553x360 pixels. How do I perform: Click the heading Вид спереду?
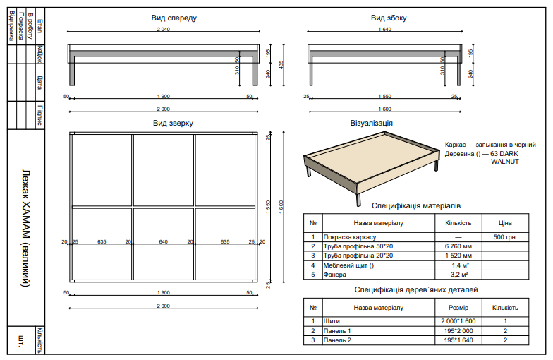pyautogui.click(x=174, y=18)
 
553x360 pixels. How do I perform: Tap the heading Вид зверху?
pyautogui.click(x=173, y=123)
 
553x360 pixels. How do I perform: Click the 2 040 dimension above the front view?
pyautogui.click(x=163, y=30)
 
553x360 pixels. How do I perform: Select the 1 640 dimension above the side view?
pyautogui.click(x=384, y=30)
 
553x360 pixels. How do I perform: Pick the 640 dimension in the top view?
pyautogui.click(x=164, y=242)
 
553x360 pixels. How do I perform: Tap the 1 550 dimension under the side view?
pyautogui.click(x=384, y=96)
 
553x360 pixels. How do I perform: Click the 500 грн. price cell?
pyautogui.click(x=505, y=237)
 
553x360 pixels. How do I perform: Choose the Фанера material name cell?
pyautogui.click(x=334, y=274)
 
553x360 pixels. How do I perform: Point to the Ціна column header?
pyautogui.click(x=505, y=223)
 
